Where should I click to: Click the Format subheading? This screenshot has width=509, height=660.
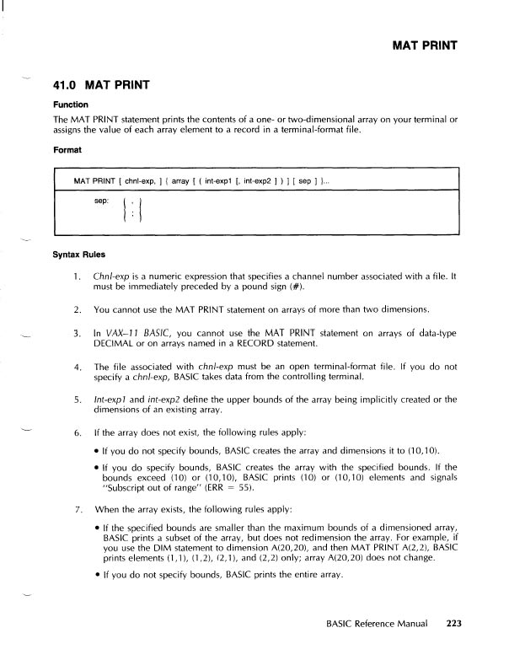tap(68, 150)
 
